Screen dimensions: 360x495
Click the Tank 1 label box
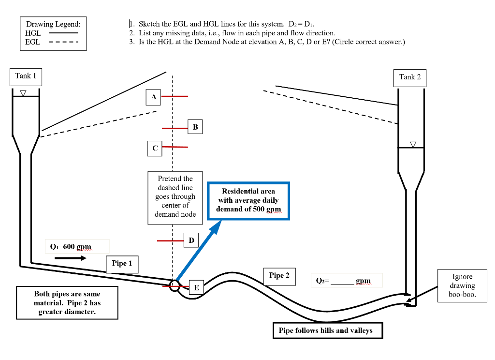[x=26, y=76]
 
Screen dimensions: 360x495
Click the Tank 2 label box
[x=410, y=77]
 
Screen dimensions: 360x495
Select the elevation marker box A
[x=153, y=97]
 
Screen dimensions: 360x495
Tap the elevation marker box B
[x=195, y=127]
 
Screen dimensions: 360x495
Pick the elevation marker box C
[x=155, y=148]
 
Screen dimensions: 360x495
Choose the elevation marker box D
[x=191, y=240]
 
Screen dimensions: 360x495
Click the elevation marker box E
[x=196, y=287]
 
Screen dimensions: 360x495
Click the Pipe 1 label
[x=122, y=264]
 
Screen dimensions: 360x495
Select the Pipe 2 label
[x=279, y=276]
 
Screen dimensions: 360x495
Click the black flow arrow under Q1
[x=70, y=258]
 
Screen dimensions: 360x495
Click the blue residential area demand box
[x=248, y=201]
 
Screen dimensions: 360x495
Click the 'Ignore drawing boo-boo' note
[x=462, y=285]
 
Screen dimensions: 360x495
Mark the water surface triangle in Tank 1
[x=22, y=92]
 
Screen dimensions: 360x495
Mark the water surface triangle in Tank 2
[x=412, y=144]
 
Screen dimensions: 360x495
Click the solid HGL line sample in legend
[x=63, y=33]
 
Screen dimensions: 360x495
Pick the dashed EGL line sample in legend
[x=63, y=42]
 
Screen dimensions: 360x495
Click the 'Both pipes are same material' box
[x=67, y=303]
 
